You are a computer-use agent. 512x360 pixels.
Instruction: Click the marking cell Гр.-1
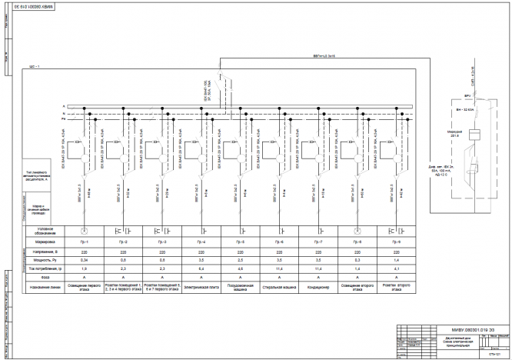[85, 242]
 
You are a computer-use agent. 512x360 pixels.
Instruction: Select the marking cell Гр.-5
[241, 242]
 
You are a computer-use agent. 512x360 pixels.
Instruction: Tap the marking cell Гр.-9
[397, 242]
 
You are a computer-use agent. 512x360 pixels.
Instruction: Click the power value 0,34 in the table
[85, 260]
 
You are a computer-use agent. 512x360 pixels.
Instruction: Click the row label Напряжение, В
[48, 251]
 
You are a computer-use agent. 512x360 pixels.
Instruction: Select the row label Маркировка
[48, 242]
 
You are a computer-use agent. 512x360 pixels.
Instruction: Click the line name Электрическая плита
[201, 290]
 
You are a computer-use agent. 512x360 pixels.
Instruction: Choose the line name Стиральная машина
[280, 290]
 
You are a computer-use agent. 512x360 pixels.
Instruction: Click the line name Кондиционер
[318, 290]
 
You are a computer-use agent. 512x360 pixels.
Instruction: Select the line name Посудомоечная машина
[241, 290]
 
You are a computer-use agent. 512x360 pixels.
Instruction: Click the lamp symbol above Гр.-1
[85, 230]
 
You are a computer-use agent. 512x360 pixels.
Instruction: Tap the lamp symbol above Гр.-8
[357, 230]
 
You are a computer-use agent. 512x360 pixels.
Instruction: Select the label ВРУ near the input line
[467, 96]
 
